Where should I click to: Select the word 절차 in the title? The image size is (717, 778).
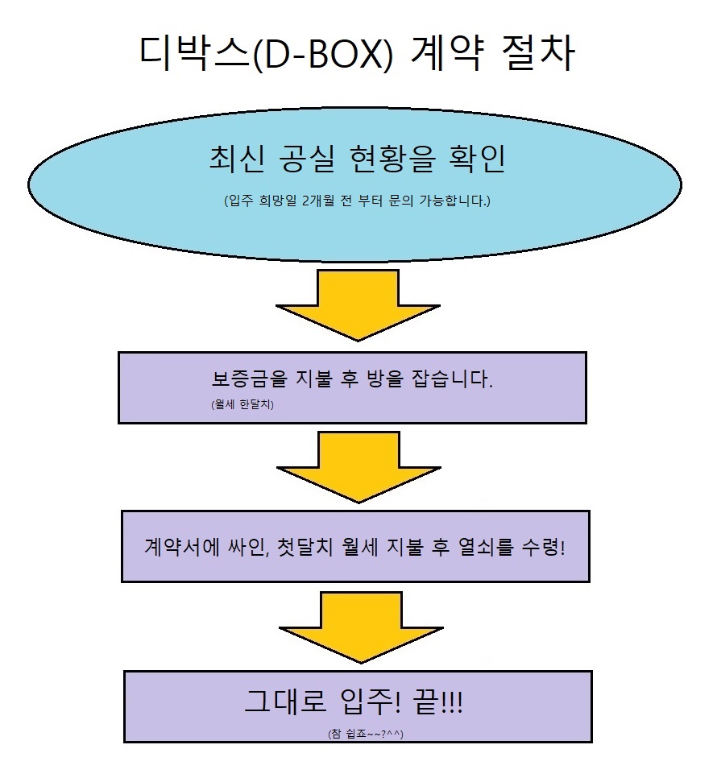(536, 55)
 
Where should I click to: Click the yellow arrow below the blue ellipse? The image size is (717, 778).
(358, 305)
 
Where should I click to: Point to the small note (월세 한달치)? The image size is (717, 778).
(242, 406)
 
